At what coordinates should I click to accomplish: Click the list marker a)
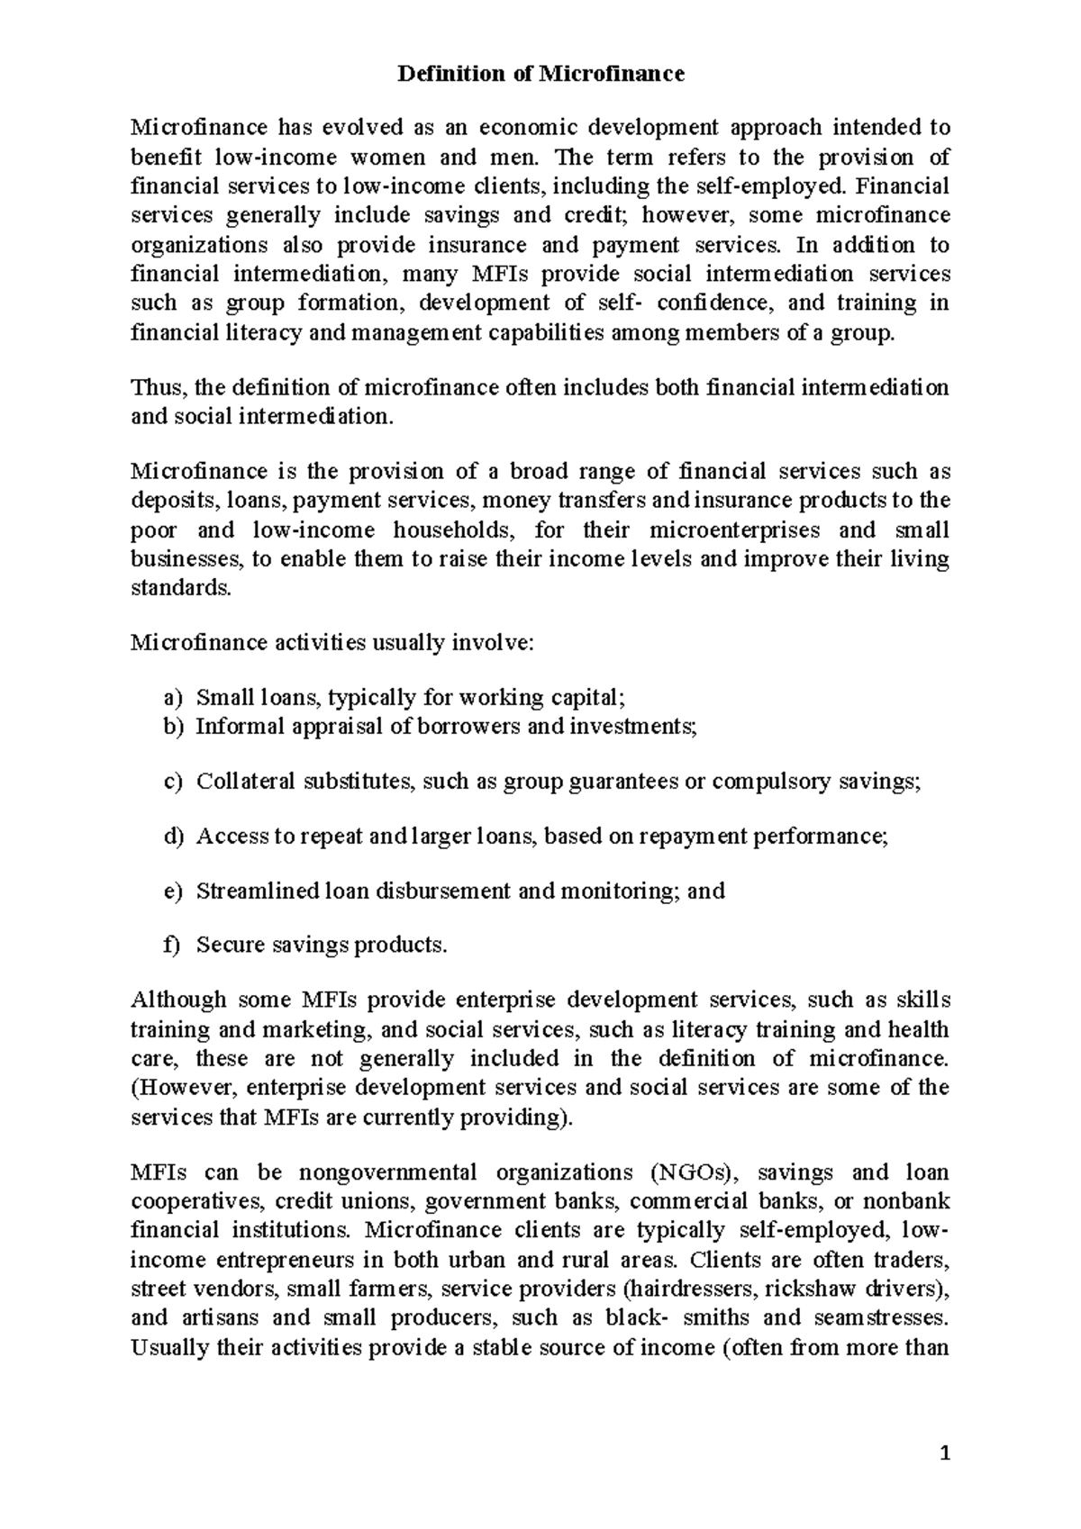click(172, 697)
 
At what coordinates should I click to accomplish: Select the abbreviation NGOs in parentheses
click(692, 1172)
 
